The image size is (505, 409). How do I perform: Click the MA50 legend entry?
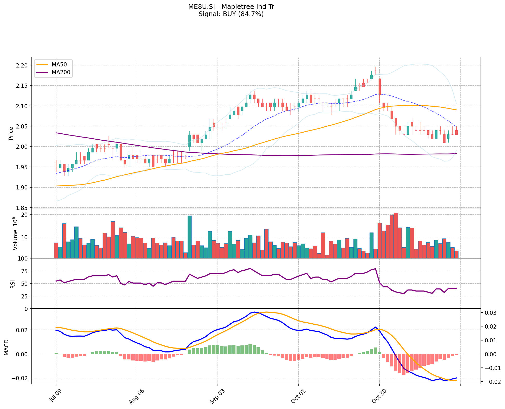pyautogui.click(x=59, y=65)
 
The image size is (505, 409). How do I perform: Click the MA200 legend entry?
pyautogui.click(x=61, y=72)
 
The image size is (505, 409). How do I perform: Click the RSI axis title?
pyautogui.click(x=12, y=283)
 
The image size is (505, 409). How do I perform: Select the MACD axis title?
pyautogui.click(x=7, y=347)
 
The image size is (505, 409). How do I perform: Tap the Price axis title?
pyautogui.click(x=11, y=133)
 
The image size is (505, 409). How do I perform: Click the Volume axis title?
pyautogui.click(x=15, y=234)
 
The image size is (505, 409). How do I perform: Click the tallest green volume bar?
pyautogui.click(x=189, y=237)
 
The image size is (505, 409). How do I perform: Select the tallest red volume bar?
pyautogui.click(x=396, y=235)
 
